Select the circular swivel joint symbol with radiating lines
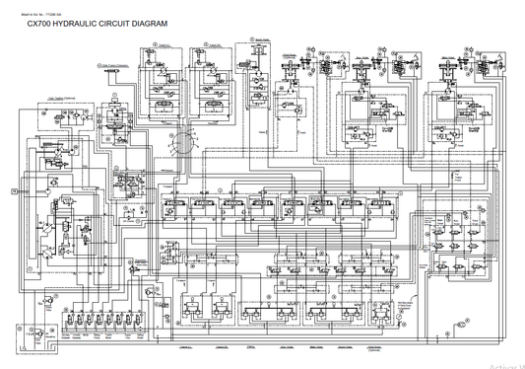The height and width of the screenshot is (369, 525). tap(179, 143)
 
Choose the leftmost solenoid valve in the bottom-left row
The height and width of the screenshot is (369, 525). tap(67, 322)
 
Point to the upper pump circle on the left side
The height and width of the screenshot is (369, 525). tap(46, 161)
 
